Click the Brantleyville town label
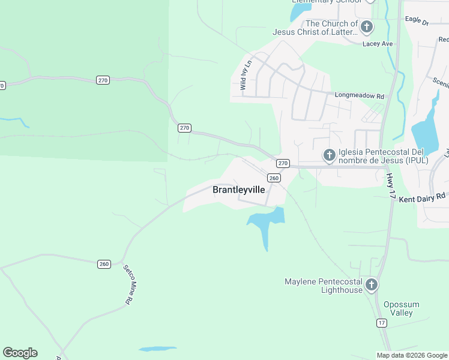(238, 190)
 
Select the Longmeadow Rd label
(359, 95)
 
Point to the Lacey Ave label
(378, 44)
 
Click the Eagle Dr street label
(417, 22)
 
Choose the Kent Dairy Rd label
(422, 196)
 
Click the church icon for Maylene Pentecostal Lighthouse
(372, 284)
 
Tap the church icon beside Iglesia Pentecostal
(329, 155)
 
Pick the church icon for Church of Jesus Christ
(367, 26)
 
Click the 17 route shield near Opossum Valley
(382, 323)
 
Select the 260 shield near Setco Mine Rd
(104, 264)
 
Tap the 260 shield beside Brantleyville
(274, 178)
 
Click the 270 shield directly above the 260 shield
(283, 163)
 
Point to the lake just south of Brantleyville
(265, 223)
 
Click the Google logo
(20, 353)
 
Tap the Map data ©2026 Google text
(412, 355)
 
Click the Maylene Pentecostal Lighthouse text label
(324, 286)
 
